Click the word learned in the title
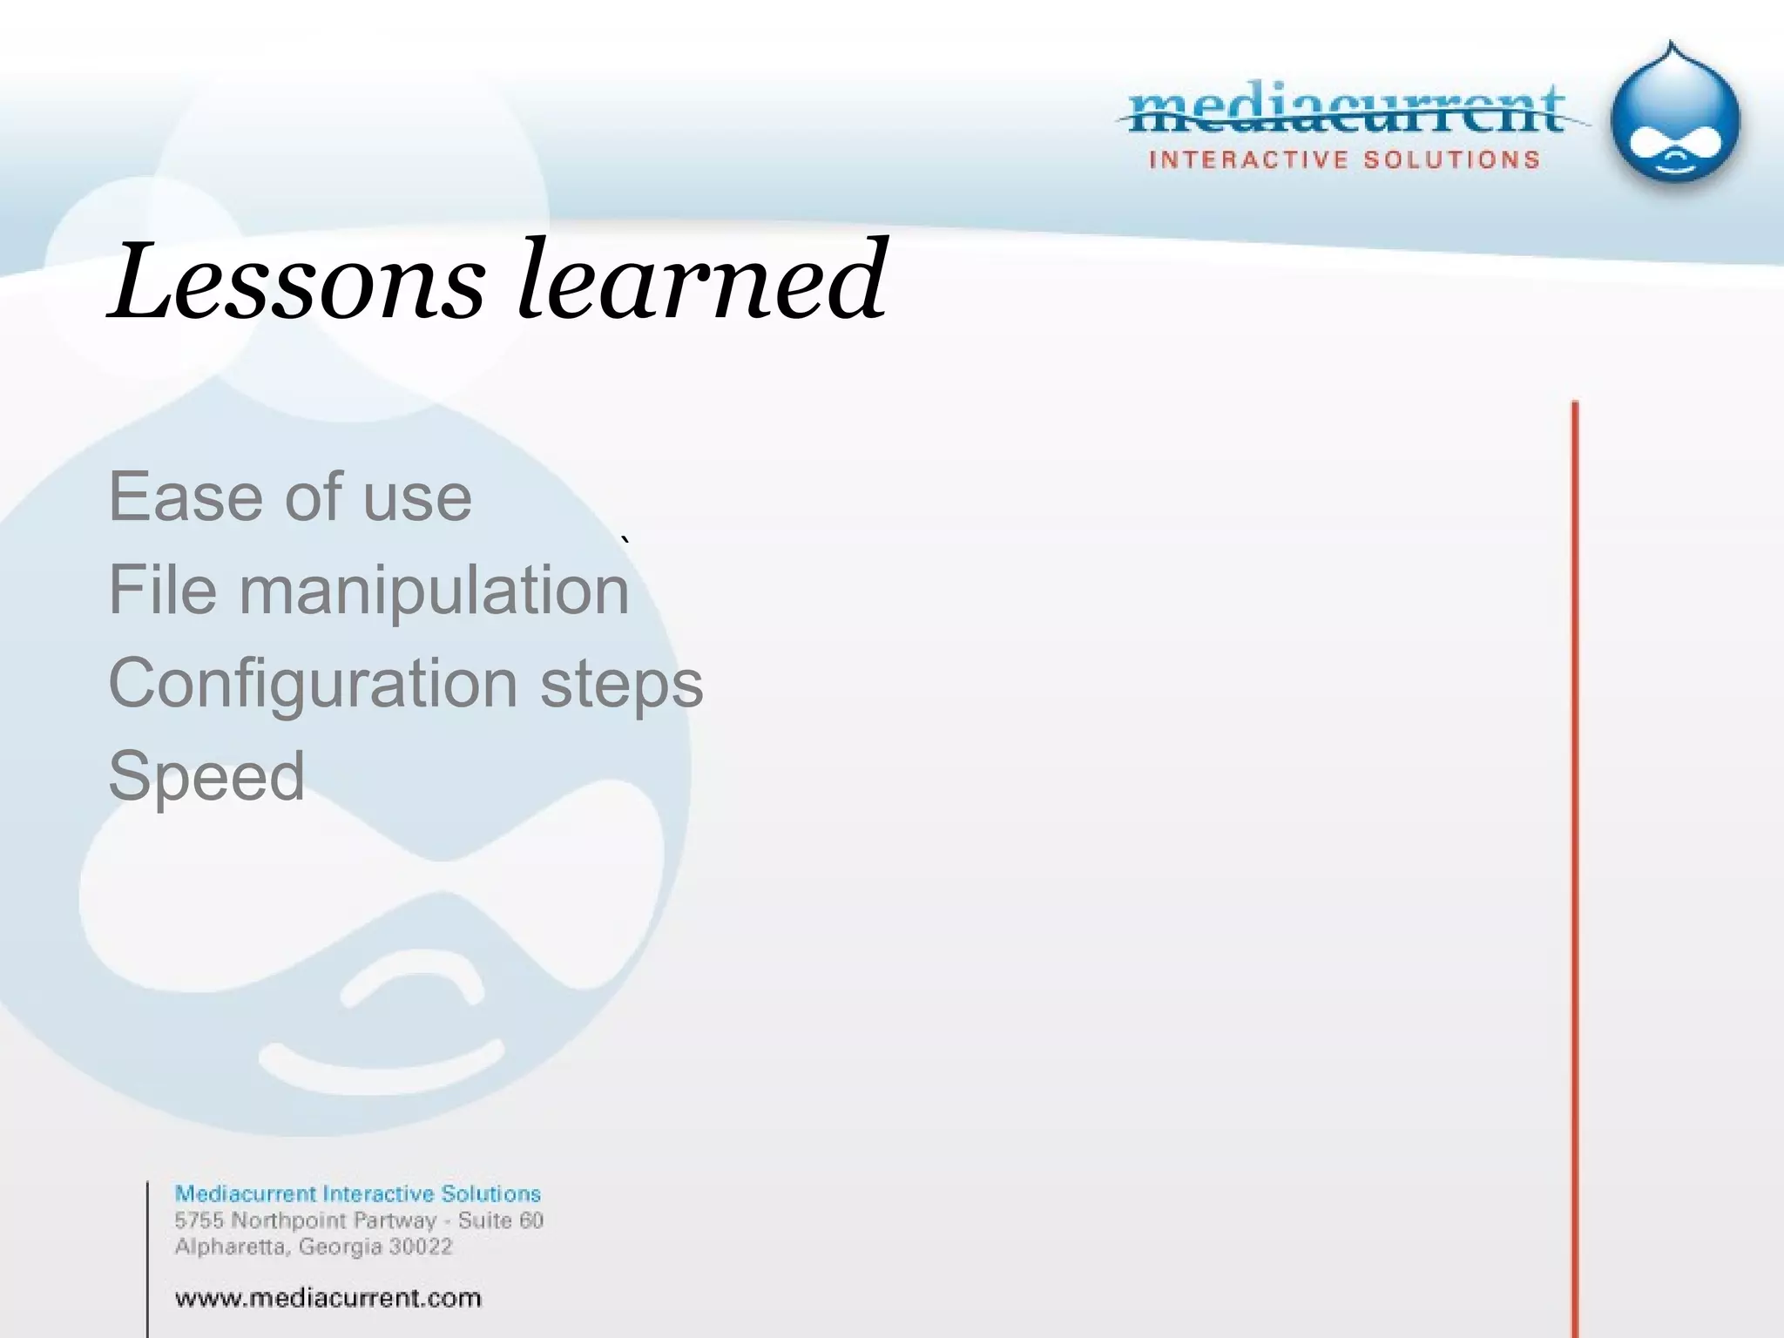coord(702,280)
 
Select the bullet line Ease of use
coord(289,497)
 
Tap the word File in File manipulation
coord(162,590)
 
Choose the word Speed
coord(206,776)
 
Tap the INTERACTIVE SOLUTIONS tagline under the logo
coord(1344,160)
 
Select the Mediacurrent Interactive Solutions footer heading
coord(357,1193)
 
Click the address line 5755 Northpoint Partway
coord(305,1220)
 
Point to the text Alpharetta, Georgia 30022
coord(314,1247)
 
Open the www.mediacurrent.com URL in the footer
coord(328,1298)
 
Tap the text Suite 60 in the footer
coord(500,1220)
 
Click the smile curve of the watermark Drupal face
coord(382,1068)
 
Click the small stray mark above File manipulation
coord(625,542)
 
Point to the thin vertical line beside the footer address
coord(148,1254)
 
